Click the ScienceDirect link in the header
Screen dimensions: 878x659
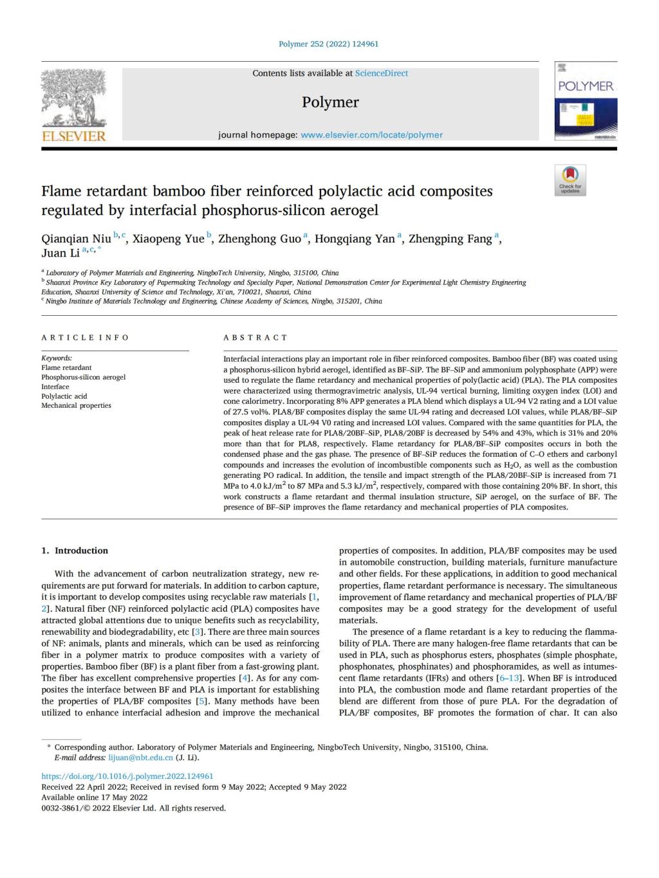[382, 73]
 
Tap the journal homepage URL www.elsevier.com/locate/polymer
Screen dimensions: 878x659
[371, 135]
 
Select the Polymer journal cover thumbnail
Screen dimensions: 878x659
[585, 101]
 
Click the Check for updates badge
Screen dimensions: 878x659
[570, 180]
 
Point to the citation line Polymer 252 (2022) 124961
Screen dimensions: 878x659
[329, 44]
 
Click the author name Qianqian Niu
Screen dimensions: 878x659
[76, 239]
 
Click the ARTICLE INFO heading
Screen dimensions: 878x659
[85, 338]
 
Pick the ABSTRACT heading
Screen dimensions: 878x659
[255, 338]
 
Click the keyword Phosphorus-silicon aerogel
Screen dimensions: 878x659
[84, 377]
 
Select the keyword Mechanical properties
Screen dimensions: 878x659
[76, 405]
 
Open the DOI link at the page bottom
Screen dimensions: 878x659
[127, 776]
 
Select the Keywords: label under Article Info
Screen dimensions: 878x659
[57, 358]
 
